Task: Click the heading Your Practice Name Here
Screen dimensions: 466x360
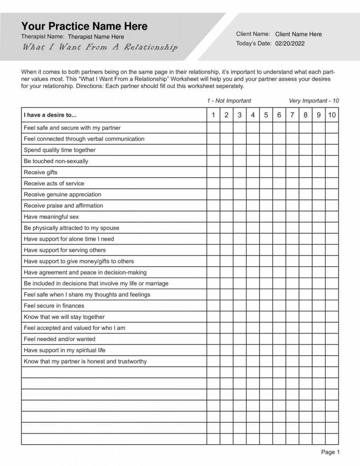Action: point(84,26)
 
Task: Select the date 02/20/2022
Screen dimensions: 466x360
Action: point(290,44)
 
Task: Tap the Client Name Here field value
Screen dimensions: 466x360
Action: point(298,34)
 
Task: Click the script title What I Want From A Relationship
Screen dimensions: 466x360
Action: point(100,48)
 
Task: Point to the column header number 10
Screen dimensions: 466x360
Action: point(332,115)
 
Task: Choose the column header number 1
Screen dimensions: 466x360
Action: point(213,115)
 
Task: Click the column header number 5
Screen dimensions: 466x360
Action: point(266,115)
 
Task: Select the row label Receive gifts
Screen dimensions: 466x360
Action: point(41,172)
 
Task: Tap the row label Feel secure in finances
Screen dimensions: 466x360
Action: point(54,306)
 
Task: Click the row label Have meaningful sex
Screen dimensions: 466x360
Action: point(51,217)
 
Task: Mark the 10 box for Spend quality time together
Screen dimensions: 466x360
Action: point(332,150)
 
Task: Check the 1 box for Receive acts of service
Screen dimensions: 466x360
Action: point(213,183)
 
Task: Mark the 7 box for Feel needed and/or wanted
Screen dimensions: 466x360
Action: point(292,339)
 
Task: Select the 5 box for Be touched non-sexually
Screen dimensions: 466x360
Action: point(266,161)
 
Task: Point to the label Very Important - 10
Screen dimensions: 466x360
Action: point(314,101)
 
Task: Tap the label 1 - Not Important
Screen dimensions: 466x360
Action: point(228,101)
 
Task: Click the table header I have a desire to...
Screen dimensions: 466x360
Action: point(50,115)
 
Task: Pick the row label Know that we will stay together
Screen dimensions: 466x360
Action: point(64,317)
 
